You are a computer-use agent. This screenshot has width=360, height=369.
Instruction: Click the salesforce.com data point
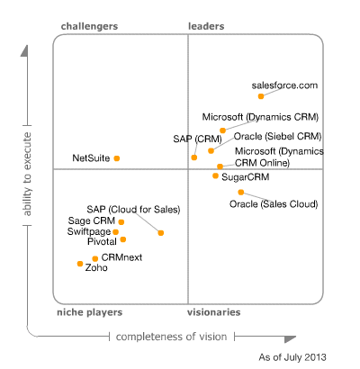click(x=261, y=95)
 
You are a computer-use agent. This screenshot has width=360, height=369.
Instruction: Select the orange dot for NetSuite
click(x=117, y=158)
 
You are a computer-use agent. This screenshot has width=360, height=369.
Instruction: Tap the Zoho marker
click(x=80, y=264)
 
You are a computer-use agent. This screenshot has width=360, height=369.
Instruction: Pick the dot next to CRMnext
click(x=95, y=258)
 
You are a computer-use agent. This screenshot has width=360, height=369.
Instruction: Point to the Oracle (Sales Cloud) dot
click(x=241, y=192)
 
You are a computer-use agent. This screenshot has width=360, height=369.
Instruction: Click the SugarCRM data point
click(x=215, y=176)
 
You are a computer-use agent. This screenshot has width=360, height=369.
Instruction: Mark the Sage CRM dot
click(x=121, y=221)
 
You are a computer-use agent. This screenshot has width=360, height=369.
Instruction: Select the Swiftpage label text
click(x=88, y=231)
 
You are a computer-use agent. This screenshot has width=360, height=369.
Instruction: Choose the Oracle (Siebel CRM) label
click(x=277, y=136)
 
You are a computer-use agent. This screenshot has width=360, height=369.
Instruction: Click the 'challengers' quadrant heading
click(x=89, y=27)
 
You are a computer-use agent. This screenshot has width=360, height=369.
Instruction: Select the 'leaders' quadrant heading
click(x=206, y=27)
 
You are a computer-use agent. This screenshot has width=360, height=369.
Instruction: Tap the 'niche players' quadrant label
click(x=91, y=312)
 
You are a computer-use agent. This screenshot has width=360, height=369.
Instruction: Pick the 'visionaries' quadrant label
click(x=213, y=312)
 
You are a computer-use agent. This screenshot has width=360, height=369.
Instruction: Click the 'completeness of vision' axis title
click(x=171, y=337)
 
